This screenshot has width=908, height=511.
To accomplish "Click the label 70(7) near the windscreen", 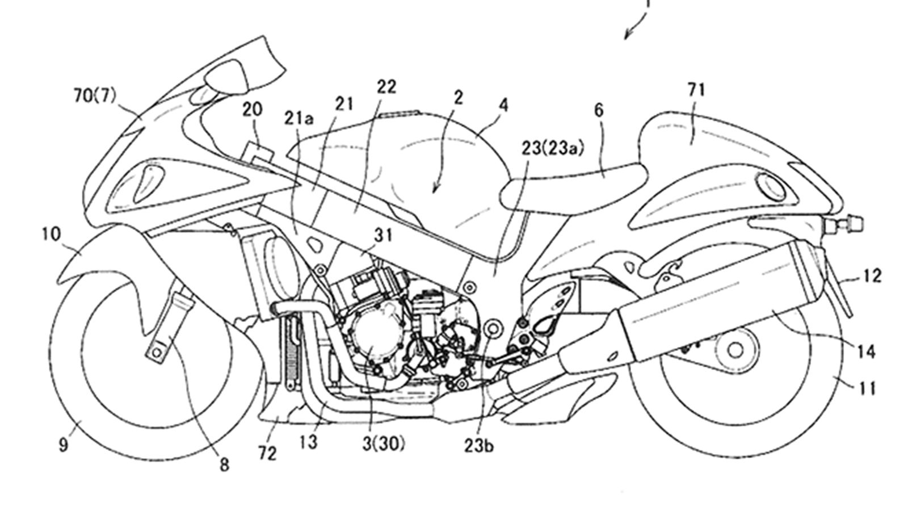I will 95,96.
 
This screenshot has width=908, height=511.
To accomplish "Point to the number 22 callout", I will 386,87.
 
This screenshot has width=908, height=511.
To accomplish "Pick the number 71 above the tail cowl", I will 696,90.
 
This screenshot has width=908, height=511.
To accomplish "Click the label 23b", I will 480,446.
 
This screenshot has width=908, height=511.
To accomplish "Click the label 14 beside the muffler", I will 867,352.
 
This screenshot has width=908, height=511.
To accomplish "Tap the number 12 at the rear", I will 871,276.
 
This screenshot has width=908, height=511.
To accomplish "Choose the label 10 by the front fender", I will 51,233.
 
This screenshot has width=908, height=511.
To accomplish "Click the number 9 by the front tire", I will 63,445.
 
